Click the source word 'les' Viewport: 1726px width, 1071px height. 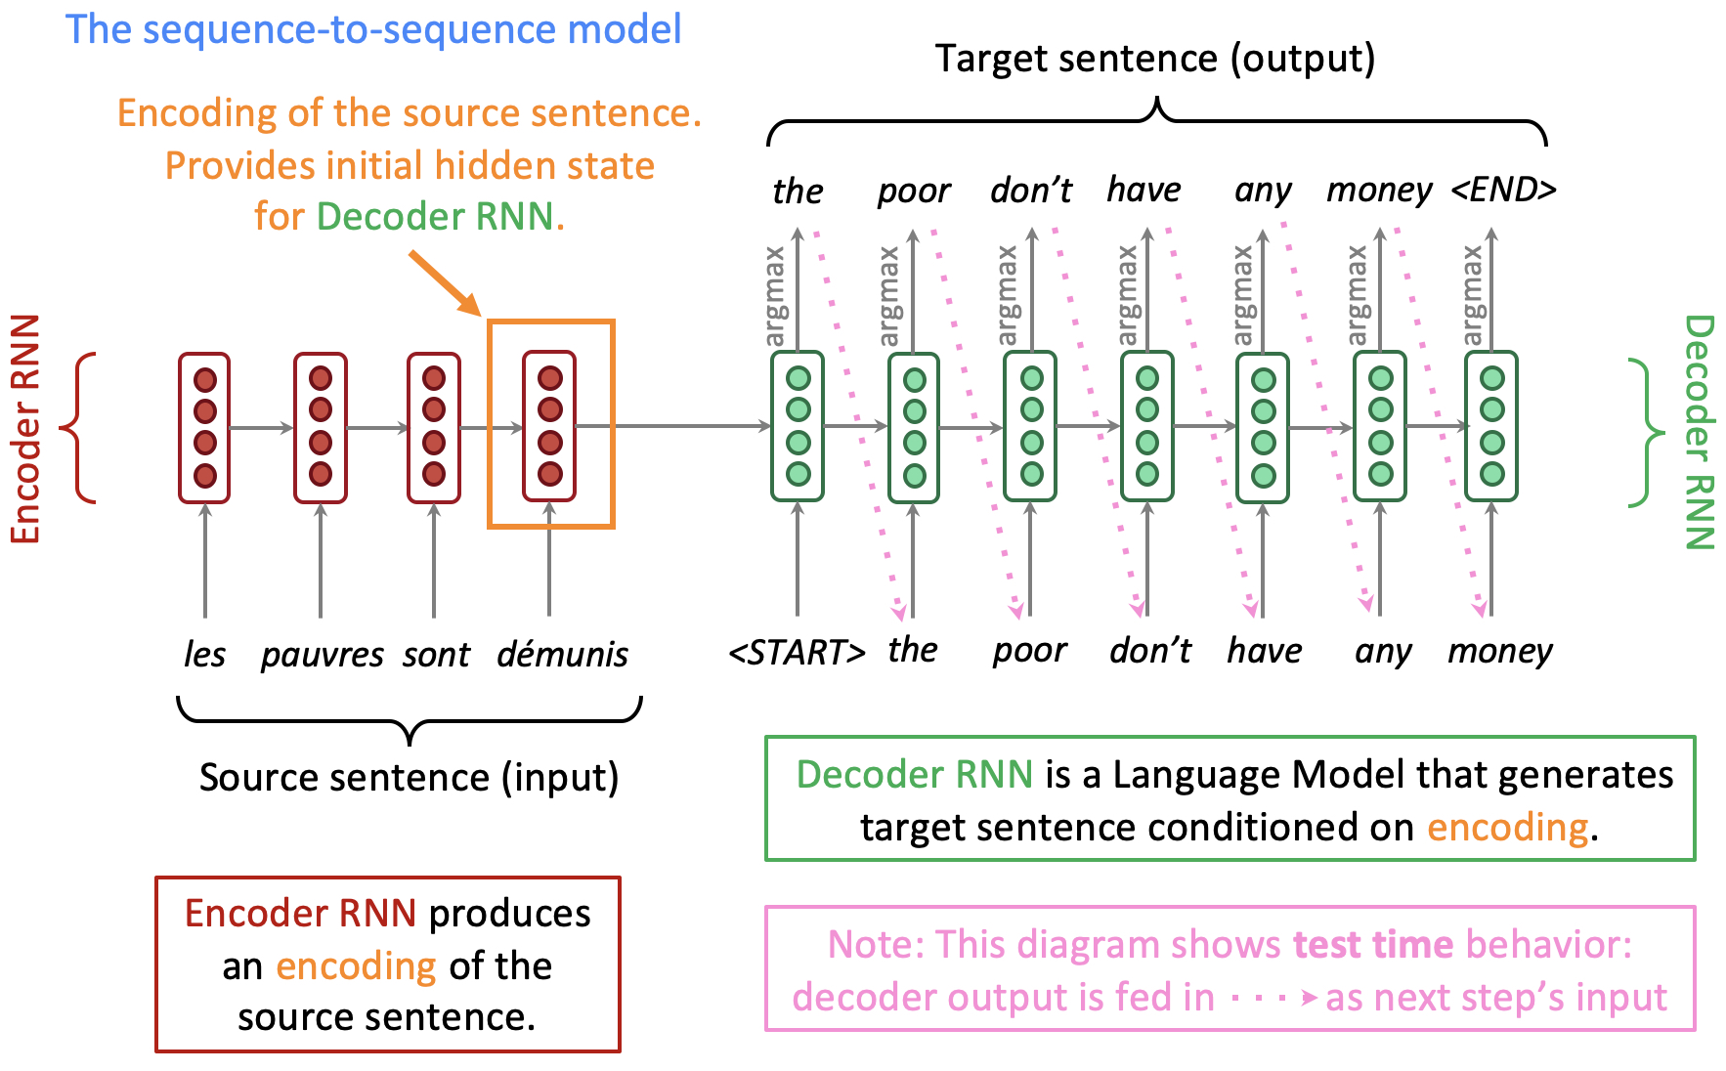[x=205, y=654]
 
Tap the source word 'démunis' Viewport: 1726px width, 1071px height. [x=563, y=653]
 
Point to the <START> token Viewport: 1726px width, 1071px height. [x=798, y=652]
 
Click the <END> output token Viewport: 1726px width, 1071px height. [x=1503, y=189]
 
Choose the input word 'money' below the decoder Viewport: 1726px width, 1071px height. [x=1500, y=652]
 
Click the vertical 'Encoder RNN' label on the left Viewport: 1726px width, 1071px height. [x=25, y=429]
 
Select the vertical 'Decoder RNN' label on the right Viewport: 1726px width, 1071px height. [x=1700, y=432]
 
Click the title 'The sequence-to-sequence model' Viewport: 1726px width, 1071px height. [x=373, y=29]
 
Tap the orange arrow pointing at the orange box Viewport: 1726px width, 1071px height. [x=446, y=283]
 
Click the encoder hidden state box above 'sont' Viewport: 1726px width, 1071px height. [x=434, y=428]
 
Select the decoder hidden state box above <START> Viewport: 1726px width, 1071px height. [x=798, y=426]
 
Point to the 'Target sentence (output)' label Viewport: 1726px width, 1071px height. [x=1155, y=59]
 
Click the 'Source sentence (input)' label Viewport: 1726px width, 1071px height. [x=410, y=778]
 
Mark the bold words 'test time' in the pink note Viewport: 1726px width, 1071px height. [x=1373, y=945]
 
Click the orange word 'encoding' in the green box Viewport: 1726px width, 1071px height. [x=1507, y=829]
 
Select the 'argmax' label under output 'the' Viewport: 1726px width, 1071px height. [x=775, y=296]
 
